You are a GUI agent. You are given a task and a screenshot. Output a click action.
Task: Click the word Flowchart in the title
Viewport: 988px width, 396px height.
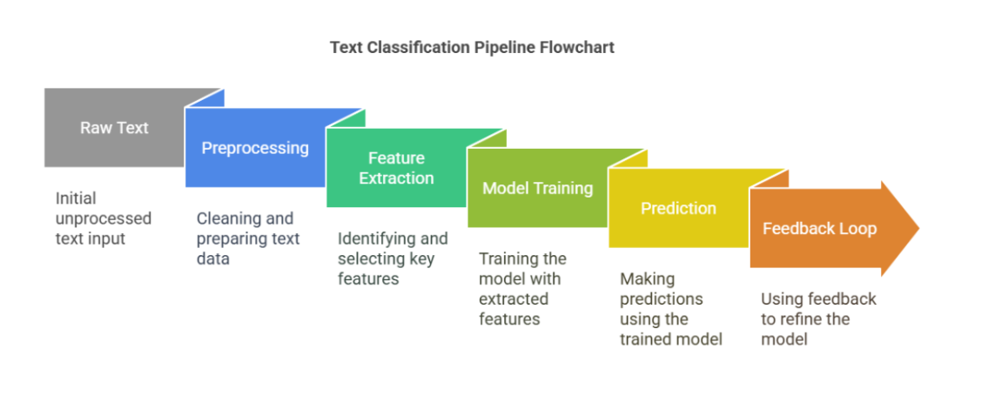point(580,47)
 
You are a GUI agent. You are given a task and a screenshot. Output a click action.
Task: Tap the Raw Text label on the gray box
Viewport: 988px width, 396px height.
point(114,128)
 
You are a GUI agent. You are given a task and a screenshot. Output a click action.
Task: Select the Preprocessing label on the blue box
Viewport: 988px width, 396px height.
point(255,148)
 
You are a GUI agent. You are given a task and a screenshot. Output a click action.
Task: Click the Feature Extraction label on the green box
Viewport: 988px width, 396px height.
point(396,168)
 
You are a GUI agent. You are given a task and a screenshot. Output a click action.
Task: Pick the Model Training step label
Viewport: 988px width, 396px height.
point(537,188)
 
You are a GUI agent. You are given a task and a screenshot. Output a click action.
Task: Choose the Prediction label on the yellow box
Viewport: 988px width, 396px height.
point(678,208)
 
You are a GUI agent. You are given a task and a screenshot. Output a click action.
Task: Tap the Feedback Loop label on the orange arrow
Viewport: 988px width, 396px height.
point(819,229)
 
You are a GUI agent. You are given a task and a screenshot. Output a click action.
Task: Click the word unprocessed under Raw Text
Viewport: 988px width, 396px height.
point(104,218)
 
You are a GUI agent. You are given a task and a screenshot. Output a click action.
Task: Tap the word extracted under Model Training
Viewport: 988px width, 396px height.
point(514,299)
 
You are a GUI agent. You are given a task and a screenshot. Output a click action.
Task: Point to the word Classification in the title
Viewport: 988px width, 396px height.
point(422,47)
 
